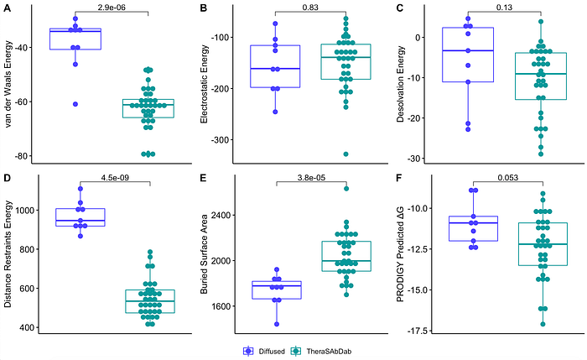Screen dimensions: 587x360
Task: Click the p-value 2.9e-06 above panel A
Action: (112, 7)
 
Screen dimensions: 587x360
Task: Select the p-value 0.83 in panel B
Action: (310, 7)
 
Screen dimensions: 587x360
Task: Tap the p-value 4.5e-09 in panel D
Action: (115, 178)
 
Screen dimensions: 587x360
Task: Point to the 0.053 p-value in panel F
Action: (507, 178)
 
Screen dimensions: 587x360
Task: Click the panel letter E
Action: (203, 178)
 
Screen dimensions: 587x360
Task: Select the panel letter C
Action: (399, 8)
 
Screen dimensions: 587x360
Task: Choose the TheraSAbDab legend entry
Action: (321, 352)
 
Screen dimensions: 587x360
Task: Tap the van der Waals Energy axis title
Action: (8, 84)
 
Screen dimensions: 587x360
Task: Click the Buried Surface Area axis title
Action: (204, 254)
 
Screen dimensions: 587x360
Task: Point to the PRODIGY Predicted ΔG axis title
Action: (400, 254)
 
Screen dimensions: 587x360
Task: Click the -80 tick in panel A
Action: (21, 156)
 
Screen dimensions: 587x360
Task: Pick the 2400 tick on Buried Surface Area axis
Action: (222, 216)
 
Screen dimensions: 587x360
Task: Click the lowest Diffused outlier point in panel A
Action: (75, 104)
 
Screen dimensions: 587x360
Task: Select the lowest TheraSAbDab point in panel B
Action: (345, 154)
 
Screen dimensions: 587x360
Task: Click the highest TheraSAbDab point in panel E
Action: (346, 189)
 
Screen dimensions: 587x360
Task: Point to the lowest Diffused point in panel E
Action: (277, 324)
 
